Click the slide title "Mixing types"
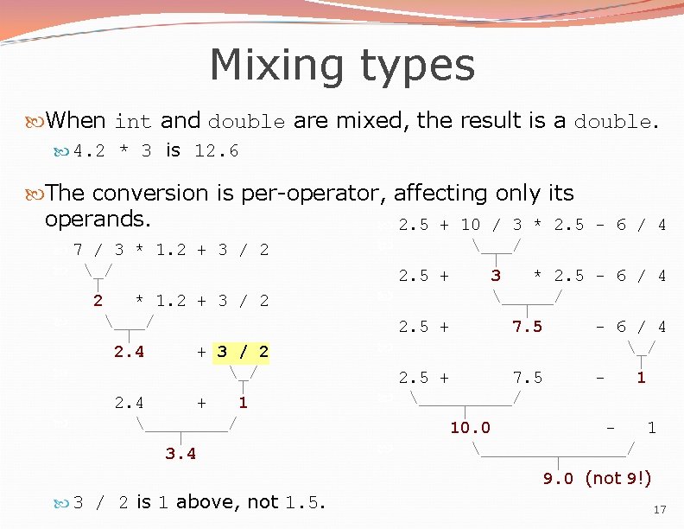coord(342,65)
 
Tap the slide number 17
coord(660,510)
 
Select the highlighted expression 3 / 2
coord(242,352)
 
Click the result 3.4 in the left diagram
coord(180,454)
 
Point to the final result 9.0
coord(558,479)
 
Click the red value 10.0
coord(470,428)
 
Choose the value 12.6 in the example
coord(217,152)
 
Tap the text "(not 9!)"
coord(617,478)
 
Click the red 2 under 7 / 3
coord(98,301)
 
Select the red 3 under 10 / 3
coord(496,276)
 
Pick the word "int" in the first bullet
coord(133,122)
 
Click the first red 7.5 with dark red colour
coord(527,327)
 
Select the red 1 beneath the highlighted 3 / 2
coord(244,403)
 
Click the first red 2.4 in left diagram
coord(130,352)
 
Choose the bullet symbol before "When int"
coord(35,122)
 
